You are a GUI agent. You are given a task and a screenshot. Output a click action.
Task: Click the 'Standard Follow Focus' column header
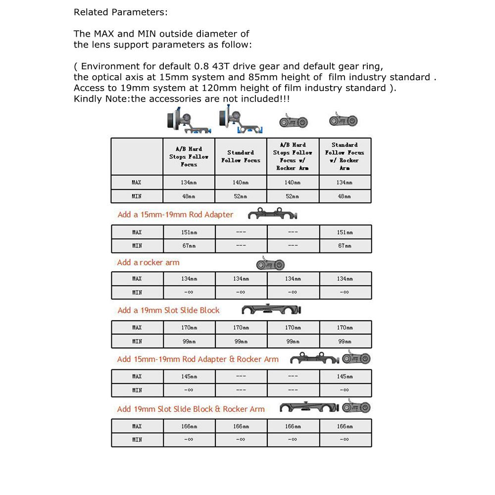[241, 156]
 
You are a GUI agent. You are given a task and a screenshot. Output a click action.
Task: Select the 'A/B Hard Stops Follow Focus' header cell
[189, 156]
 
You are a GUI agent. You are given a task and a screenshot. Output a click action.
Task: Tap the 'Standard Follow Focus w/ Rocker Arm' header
[345, 156]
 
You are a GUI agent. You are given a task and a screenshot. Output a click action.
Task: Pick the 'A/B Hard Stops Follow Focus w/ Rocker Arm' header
[293, 156]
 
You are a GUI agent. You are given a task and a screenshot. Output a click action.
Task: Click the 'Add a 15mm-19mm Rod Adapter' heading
[175, 215]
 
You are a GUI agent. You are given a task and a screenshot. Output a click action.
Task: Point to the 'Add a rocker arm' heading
[148, 262]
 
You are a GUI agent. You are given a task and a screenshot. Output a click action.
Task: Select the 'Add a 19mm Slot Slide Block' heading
[168, 310]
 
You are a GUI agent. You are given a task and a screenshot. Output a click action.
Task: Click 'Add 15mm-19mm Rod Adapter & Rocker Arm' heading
[198, 359]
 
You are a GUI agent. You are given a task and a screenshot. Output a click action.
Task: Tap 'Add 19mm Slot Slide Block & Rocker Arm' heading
[191, 409]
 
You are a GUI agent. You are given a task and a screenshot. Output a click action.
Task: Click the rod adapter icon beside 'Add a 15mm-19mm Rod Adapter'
[272, 215]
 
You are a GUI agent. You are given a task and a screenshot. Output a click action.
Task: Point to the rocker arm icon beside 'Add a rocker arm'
[270, 264]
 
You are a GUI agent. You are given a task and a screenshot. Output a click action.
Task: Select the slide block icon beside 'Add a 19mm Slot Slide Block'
[272, 310]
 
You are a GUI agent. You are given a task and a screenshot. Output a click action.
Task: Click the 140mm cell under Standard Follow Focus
[241, 183]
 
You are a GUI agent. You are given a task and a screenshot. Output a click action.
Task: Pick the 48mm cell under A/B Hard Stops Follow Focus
[189, 197]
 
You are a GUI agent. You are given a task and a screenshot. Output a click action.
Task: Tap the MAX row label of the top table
[137, 183]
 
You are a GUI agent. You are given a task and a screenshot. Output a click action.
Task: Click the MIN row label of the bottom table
[137, 440]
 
